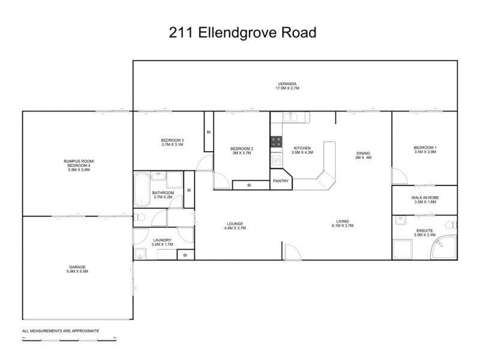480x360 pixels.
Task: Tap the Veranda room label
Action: tap(287, 83)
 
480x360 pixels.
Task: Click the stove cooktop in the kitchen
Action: tap(277, 142)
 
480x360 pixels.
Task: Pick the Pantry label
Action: tap(280, 181)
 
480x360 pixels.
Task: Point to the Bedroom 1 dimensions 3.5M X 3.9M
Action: tap(424, 152)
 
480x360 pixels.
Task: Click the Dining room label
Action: tap(363, 153)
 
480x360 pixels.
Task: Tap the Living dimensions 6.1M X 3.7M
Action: tap(343, 226)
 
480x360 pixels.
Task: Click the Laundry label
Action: tap(163, 240)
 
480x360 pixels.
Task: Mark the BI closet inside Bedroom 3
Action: tap(208, 132)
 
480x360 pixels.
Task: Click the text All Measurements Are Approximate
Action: tap(61, 331)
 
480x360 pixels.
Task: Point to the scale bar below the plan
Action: tap(69, 338)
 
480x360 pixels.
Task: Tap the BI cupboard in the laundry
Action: tap(185, 255)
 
